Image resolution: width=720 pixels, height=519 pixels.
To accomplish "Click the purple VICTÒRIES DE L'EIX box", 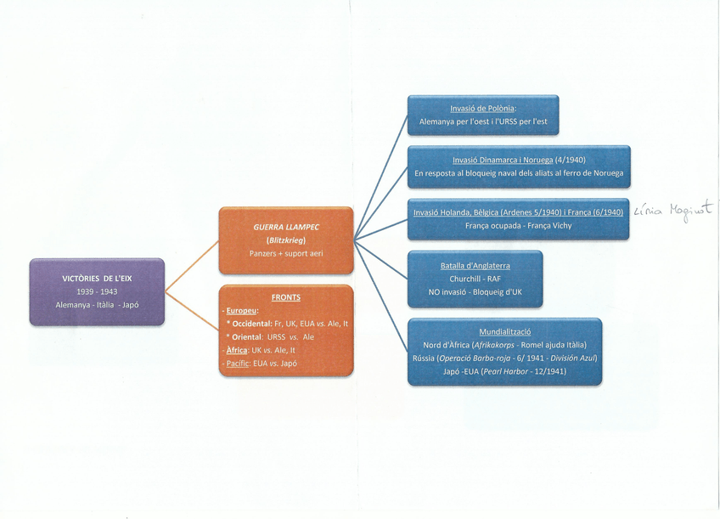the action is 97,291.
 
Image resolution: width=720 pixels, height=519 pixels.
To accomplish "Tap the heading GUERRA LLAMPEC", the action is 285,228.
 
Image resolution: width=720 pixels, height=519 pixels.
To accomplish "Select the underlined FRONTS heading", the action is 285,297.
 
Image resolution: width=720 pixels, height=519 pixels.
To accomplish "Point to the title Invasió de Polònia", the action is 482,109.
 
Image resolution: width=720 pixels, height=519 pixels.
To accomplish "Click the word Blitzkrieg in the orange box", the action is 286,240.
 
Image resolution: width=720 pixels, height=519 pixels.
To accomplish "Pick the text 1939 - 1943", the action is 96,291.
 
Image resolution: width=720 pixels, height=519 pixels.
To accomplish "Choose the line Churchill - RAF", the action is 475,279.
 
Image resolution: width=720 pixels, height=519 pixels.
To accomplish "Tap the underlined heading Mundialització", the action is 504,332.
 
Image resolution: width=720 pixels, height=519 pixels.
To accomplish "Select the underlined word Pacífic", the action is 237,363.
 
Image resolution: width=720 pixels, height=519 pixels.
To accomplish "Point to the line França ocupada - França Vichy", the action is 518,226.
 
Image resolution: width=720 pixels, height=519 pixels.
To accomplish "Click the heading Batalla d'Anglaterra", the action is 475,266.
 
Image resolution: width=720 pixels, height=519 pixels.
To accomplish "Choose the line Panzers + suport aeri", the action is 285,253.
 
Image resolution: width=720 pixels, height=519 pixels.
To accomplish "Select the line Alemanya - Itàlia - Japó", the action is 96,304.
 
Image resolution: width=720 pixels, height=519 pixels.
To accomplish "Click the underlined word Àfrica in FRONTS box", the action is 238,349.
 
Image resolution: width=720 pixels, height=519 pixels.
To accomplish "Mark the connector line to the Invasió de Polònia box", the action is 380,177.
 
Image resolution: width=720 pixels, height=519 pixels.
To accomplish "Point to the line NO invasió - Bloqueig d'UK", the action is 475,292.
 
